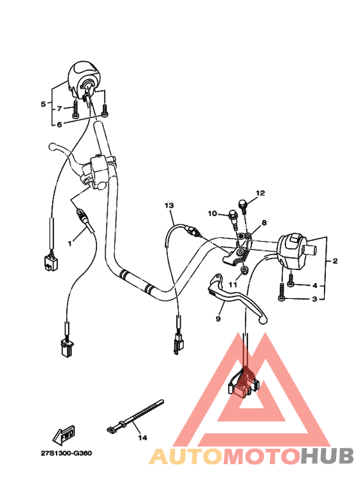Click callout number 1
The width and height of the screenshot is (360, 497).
70,244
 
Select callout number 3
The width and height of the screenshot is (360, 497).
315,299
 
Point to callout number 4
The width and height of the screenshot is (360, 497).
315,285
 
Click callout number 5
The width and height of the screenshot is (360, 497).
44,104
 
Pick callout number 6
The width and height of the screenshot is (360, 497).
59,124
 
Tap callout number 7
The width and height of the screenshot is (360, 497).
59,109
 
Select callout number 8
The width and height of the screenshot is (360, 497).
264,222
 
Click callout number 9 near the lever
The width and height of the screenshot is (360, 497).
218,318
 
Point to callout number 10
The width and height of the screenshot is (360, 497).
212,213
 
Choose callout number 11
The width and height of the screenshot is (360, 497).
232,284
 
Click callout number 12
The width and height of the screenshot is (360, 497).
260,193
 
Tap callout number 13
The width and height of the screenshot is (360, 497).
169,205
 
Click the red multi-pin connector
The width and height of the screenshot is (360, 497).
244,386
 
